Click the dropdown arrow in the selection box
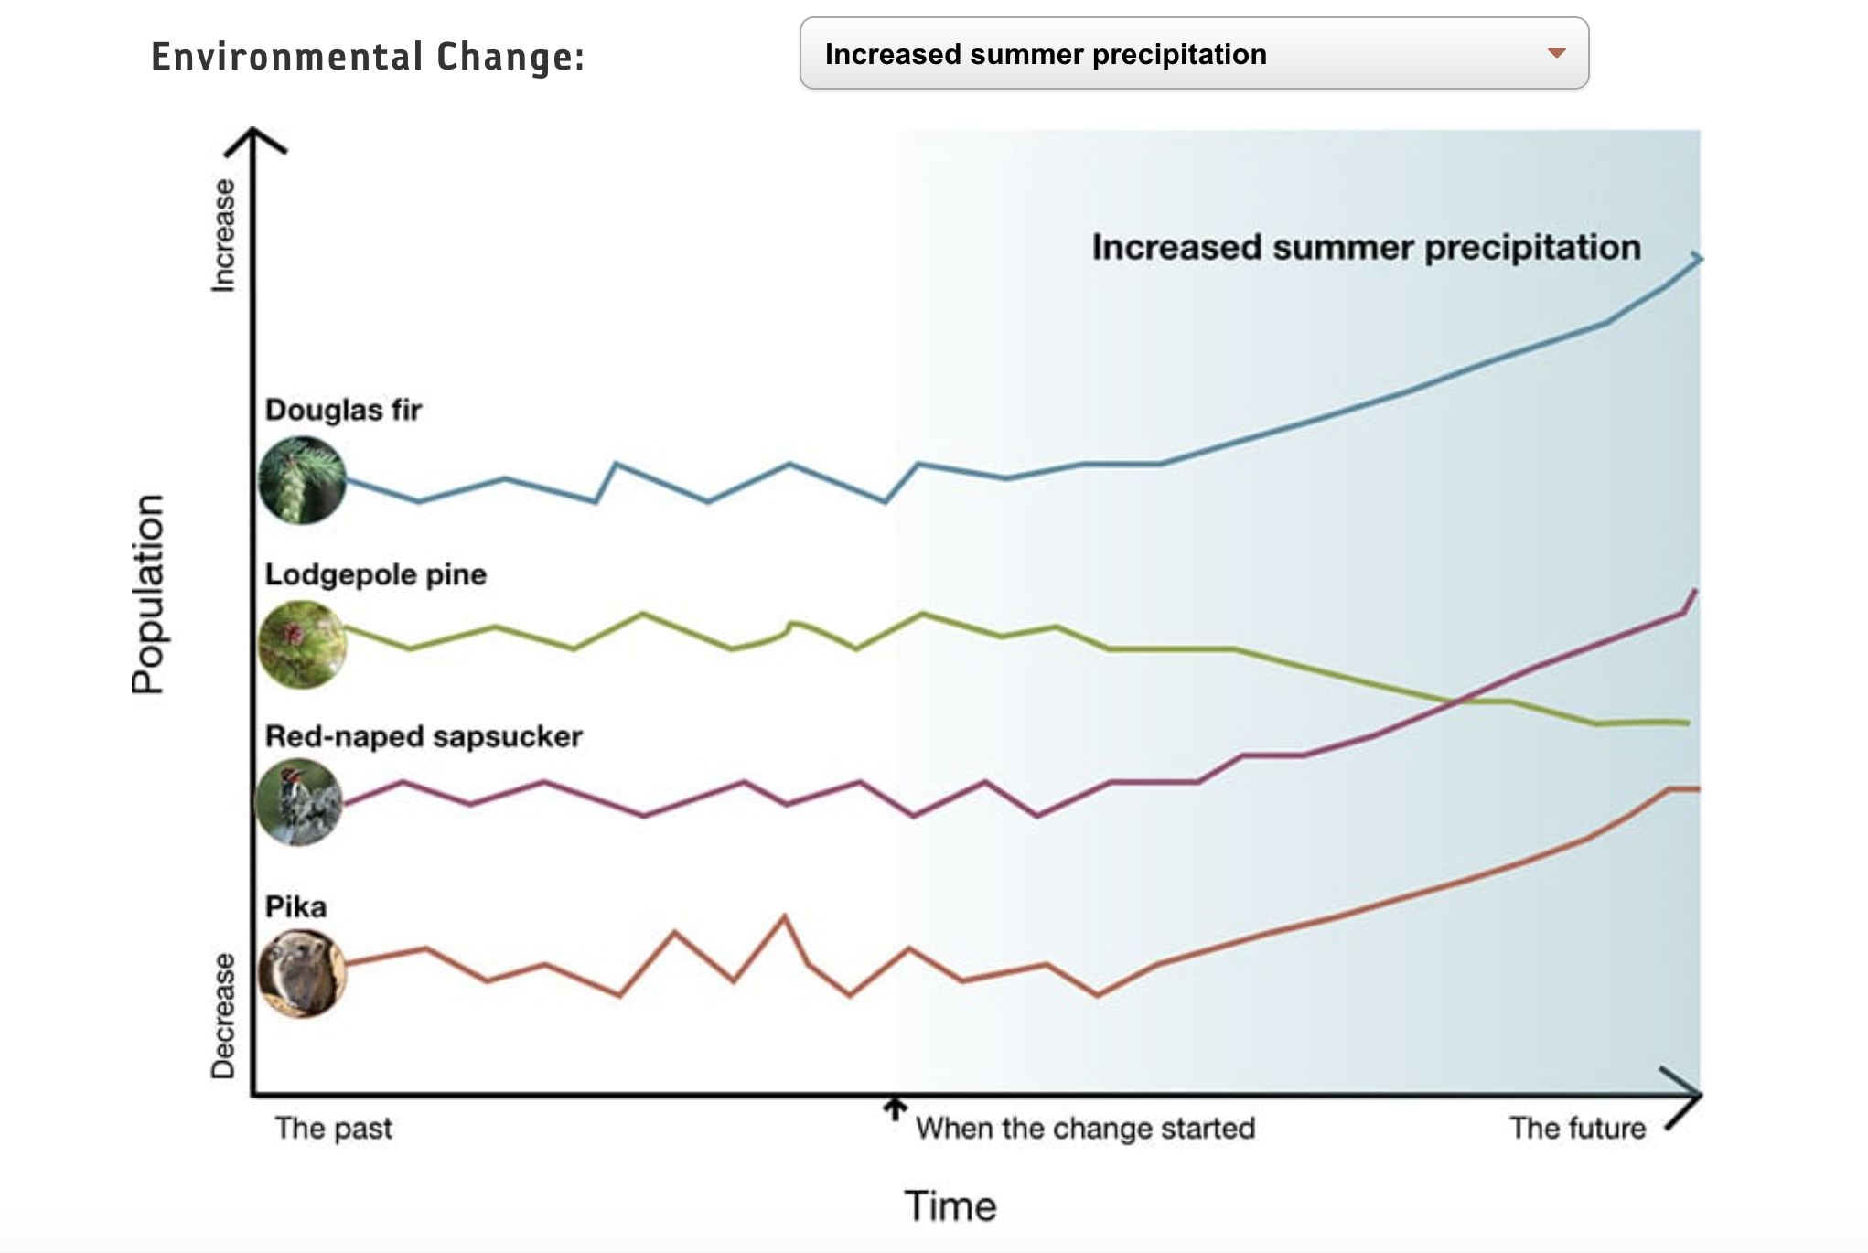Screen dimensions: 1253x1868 (1556, 53)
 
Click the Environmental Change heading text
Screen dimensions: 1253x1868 (368, 57)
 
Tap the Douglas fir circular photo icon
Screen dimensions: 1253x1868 (302, 480)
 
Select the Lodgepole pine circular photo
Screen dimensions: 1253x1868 (302, 644)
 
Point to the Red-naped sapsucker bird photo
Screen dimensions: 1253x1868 (299, 802)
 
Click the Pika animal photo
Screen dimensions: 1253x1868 (302, 973)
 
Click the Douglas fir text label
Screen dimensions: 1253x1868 (343, 410)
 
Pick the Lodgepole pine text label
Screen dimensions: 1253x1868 (375, 574)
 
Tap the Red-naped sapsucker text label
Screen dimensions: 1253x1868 (424, 736)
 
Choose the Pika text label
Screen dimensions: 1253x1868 (295, 906)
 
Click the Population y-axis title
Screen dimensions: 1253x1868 (148, 594)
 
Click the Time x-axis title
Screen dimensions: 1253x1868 (950, 1205)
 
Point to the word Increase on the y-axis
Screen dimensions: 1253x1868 (223, 235)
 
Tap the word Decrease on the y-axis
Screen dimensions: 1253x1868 (223, 1015)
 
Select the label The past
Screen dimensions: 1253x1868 (333, 1128)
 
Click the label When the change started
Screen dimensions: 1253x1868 (1085, 1128)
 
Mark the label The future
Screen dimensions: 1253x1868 (1577, 1128)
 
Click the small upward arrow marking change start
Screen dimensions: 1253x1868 (895, 1108)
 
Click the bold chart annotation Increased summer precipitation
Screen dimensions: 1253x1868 (1366, 247)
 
